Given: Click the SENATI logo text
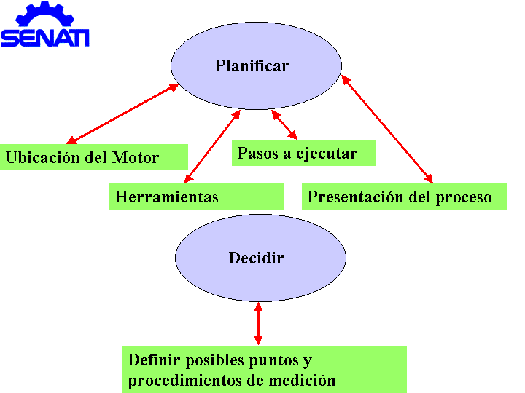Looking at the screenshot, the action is tap(45, 38).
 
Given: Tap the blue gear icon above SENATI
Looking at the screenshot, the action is tap(45, 14).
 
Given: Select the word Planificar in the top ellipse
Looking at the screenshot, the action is tap(252, 65).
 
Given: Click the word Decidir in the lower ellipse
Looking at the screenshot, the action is tap(256, 258).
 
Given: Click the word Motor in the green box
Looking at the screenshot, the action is tap(136, 157).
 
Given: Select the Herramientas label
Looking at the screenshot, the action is tap(167, 196).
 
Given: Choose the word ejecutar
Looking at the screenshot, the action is tap(327, 154).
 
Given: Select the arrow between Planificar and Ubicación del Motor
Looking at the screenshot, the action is tap(123, 114).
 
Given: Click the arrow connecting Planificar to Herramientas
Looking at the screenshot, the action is tap(212, 147).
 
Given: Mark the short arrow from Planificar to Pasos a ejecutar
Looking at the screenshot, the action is tap(284, 124).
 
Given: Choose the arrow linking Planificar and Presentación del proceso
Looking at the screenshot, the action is tap(387, 129).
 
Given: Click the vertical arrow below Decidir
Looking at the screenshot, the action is tap(258, 323).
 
